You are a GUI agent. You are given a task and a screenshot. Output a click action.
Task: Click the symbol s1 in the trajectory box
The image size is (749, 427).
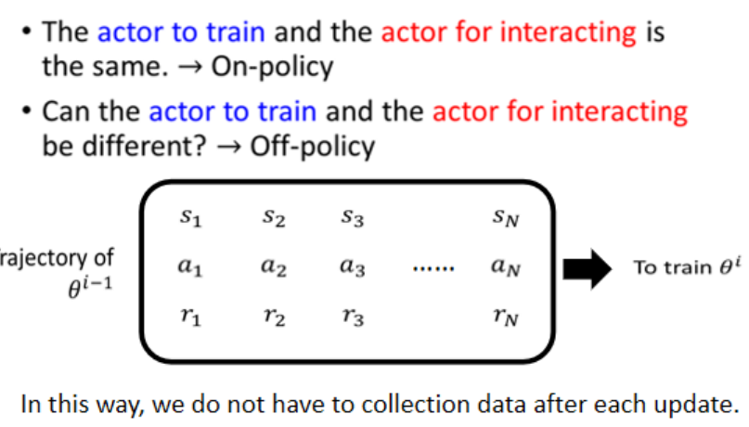coord(190,220)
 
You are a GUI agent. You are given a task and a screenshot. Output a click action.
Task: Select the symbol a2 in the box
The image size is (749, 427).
coord(272,267)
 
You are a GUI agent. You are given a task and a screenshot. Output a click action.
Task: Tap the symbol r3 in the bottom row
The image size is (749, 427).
coord(352,317)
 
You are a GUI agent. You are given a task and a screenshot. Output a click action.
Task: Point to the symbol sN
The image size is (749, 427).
coord(506,220)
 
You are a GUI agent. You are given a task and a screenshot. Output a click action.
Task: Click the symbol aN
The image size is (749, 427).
coord(506,268)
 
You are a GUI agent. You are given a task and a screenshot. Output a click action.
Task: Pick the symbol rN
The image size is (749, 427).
coord(506,317)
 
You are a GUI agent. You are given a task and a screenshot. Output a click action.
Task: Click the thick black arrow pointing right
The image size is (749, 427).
coord(588,268)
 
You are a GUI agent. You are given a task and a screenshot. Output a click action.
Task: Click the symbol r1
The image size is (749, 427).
coord(190,317)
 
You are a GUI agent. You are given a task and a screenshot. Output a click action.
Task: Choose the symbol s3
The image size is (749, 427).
coord(352,220)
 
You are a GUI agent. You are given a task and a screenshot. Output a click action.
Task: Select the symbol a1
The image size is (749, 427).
coord(190,268)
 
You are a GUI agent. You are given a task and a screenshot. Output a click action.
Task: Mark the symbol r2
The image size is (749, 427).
coord(272,317)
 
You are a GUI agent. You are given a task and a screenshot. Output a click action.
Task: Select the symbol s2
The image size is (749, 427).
coord(272,220)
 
